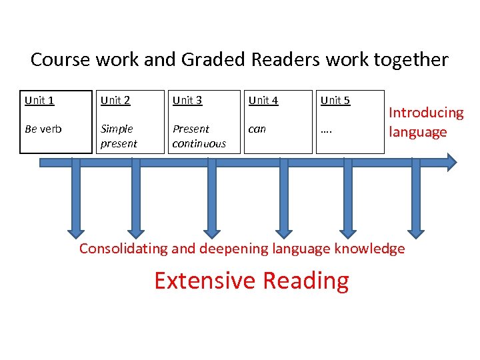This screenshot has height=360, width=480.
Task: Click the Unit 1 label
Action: (x=39, y=101)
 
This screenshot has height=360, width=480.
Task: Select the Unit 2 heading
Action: (x=115, y=101)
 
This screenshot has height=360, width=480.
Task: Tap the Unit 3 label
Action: (x=187, y=101)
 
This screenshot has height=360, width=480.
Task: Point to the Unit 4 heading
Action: (x=263, y=101)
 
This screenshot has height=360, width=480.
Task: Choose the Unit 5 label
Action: (x=335, y=101)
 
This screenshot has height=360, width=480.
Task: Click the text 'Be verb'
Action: (x=43, y=129)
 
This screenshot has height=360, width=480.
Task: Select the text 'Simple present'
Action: (x=119, y=136)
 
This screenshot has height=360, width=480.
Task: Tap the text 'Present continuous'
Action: (x=199, y=136)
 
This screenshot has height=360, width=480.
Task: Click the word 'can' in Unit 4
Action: (x=257, y=129)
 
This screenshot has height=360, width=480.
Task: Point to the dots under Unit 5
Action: (x=327, y=130)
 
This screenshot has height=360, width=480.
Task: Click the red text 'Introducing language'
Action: (x=426, y=122)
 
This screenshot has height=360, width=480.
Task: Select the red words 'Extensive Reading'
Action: (x=251, y=281)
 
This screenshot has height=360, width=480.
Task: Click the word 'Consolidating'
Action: (x=123, y=249)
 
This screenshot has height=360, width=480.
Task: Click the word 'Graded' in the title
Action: (x=212, y=60)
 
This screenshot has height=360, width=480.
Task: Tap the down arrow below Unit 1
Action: (x=75, y=207)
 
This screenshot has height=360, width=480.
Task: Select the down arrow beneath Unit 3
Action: (x=211, y=207)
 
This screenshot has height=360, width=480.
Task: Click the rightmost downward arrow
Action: (x=417, y=207)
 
